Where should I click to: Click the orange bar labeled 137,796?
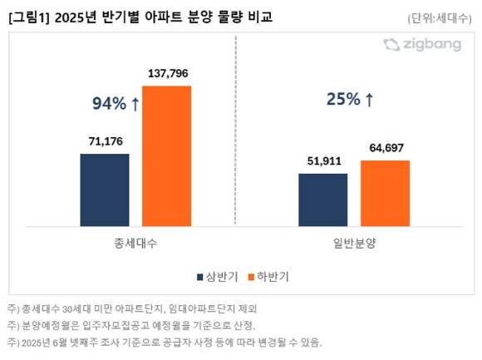pyautogui.click(x=166, y=144)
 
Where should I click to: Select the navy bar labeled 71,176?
pyautogui.click(x=105, y=190)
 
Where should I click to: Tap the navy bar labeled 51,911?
pyautogui.click(x=322, y=200)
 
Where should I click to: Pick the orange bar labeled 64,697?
pyautogui.click(x=385, y=193)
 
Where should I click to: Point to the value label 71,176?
pyautogui.click(x=105, y=141)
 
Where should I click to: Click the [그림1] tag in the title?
pyautogui.click(x=30, y=17)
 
